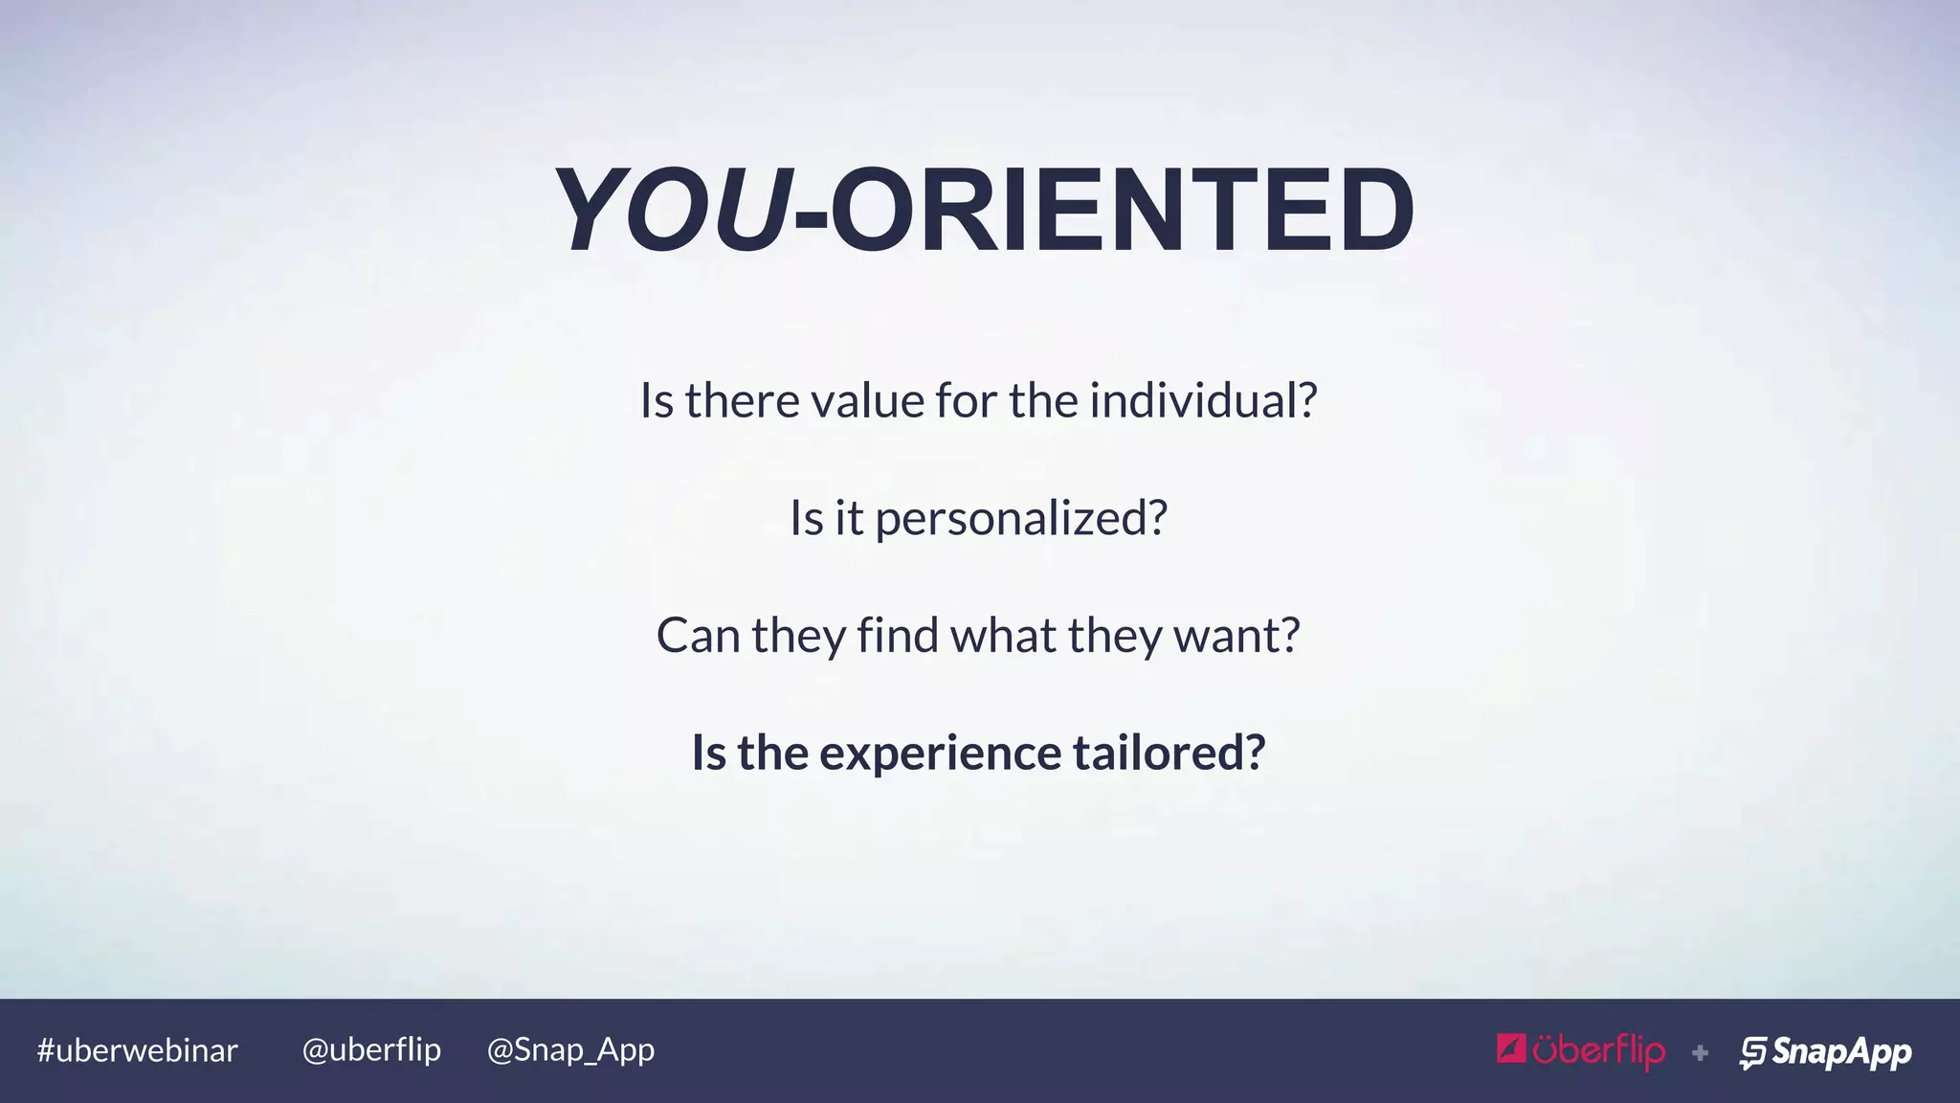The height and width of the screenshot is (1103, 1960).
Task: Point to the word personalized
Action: pos(1020,518)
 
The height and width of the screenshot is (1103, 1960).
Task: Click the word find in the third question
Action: pos(897,635)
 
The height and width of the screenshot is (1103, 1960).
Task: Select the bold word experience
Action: pos(940,753)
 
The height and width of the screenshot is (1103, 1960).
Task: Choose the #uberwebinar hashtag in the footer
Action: pos(137,1050)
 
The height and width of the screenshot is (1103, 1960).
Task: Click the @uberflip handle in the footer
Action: pos(371,1050)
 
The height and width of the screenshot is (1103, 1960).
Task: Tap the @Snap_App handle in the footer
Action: pos(570,1050)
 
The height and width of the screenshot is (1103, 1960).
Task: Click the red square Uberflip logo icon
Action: pos(1511,1049)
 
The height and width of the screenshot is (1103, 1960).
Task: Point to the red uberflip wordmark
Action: pos(1598,1051)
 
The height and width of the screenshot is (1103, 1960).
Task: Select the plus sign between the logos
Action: pos(1700,1053)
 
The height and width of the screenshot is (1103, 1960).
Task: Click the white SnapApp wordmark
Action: pos(1841,1051)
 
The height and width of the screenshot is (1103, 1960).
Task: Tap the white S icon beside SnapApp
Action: pos(1753,1052)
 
